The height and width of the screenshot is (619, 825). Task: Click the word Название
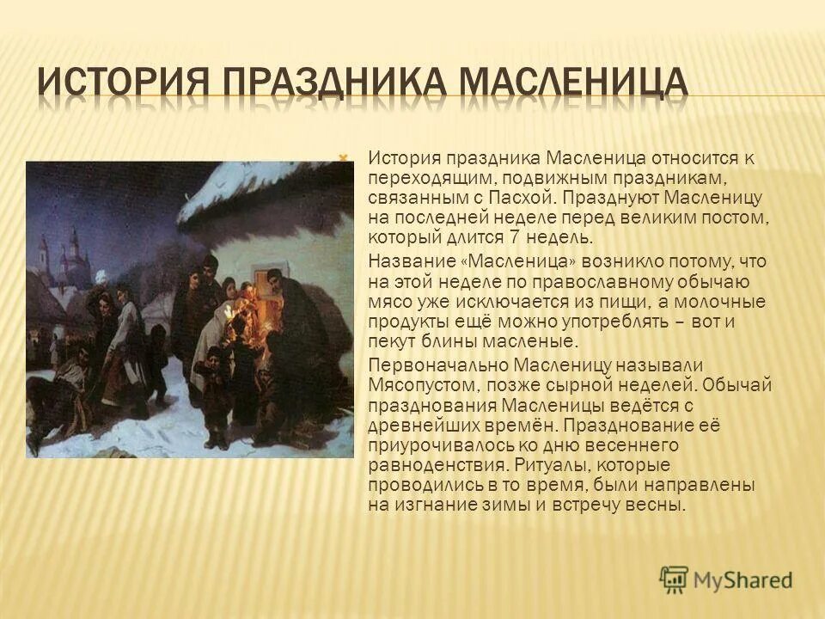[406, 261]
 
